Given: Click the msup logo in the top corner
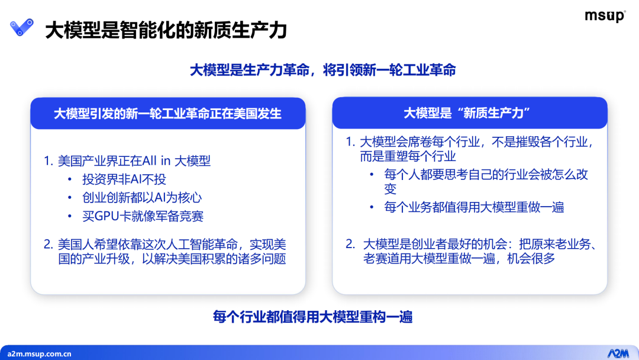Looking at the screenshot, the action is pyautogui.click(x=605, y=16).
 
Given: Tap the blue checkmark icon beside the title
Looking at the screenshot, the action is pyautogui.click(x=22, y=27).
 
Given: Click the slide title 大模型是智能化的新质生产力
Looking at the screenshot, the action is pyautogui.click(x=166, y=30).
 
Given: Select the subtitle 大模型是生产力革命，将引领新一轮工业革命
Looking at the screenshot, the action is pyautogui.click(x=323, y=70).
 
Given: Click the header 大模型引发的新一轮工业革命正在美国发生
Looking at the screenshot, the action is pyautogui.click(x=167, y=113).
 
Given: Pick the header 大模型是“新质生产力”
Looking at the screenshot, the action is pyautogui.click(x=467, y=113).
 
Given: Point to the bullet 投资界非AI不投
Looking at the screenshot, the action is pyautogui.click(x=124, y=179).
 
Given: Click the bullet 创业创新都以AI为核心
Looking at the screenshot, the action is pyautogui.click(x=142, y=197).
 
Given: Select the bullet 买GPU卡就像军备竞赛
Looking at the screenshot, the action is pyautogui.click(x=143, y=216).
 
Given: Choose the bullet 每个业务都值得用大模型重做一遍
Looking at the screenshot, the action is pyautogui.click(x=474, y=207).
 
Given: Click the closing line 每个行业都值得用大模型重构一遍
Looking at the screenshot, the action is pyautogui.click(x=312, y=317).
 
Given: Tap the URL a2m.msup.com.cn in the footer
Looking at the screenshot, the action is pyautogui.click(x=39, y=354).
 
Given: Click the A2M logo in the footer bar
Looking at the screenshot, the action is pyautogui.click(x=618, y=353).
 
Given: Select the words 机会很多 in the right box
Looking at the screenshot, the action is pyautogui.click(x=531, y=258).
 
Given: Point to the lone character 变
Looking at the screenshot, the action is pyautogui.click(x=390, y=189).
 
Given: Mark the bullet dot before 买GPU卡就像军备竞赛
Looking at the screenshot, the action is pyautogui.click(x=70, y=216).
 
